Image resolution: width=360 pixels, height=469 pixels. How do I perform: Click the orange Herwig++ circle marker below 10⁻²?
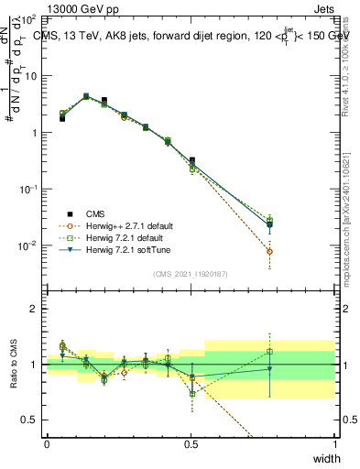pyautogui.click(x=269, y=251)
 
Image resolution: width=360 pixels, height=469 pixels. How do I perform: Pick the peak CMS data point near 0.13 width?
pyautogui.click(x=86, y=95)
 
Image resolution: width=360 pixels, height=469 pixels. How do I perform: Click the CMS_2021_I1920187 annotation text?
pyautogui.click(x=191, y=274)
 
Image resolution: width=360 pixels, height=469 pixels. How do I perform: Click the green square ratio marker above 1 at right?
pyautogui.click(x=269, y=352)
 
